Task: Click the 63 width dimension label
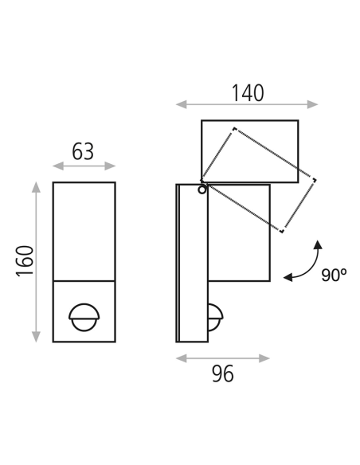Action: click(83, 151)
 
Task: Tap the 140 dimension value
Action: click(248, 93)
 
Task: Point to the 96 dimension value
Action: click(223, 373)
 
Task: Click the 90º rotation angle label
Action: click(334, 275)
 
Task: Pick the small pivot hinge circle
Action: click(202, 189)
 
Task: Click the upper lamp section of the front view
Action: click(84, 231)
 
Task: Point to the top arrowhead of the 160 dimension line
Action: click(36, 186)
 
